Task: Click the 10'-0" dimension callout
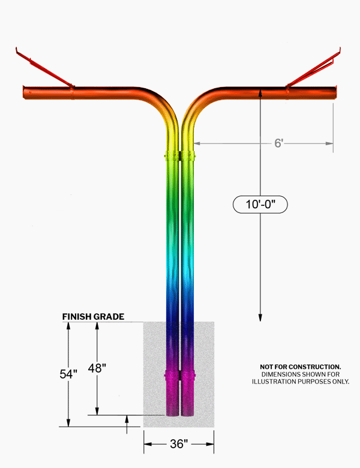[x=260, y=205]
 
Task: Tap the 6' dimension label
[x=278, y=143]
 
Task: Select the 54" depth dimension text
[x=68, y=374]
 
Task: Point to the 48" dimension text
[x=97, y=368]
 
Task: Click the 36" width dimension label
[x=179, y=444]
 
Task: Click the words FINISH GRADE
[x=93, y=317]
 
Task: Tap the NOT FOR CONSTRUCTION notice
[x=300, y=367]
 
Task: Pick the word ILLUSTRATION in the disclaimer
[x=271, y=382]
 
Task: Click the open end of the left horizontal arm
[x=25, y=92]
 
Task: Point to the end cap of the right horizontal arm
[x=335, y=92]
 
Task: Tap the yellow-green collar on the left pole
[x=172, y=155]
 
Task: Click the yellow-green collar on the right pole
[x=188, y=155]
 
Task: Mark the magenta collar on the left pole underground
[x=172, y=376]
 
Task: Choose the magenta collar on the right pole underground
[x=188, y=376]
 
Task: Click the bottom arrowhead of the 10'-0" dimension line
[x=260, y=317]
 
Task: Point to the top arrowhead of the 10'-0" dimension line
[x=260, y=92]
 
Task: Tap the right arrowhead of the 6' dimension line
[x=329, y=143]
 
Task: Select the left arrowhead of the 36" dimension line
[x=148, y=444]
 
